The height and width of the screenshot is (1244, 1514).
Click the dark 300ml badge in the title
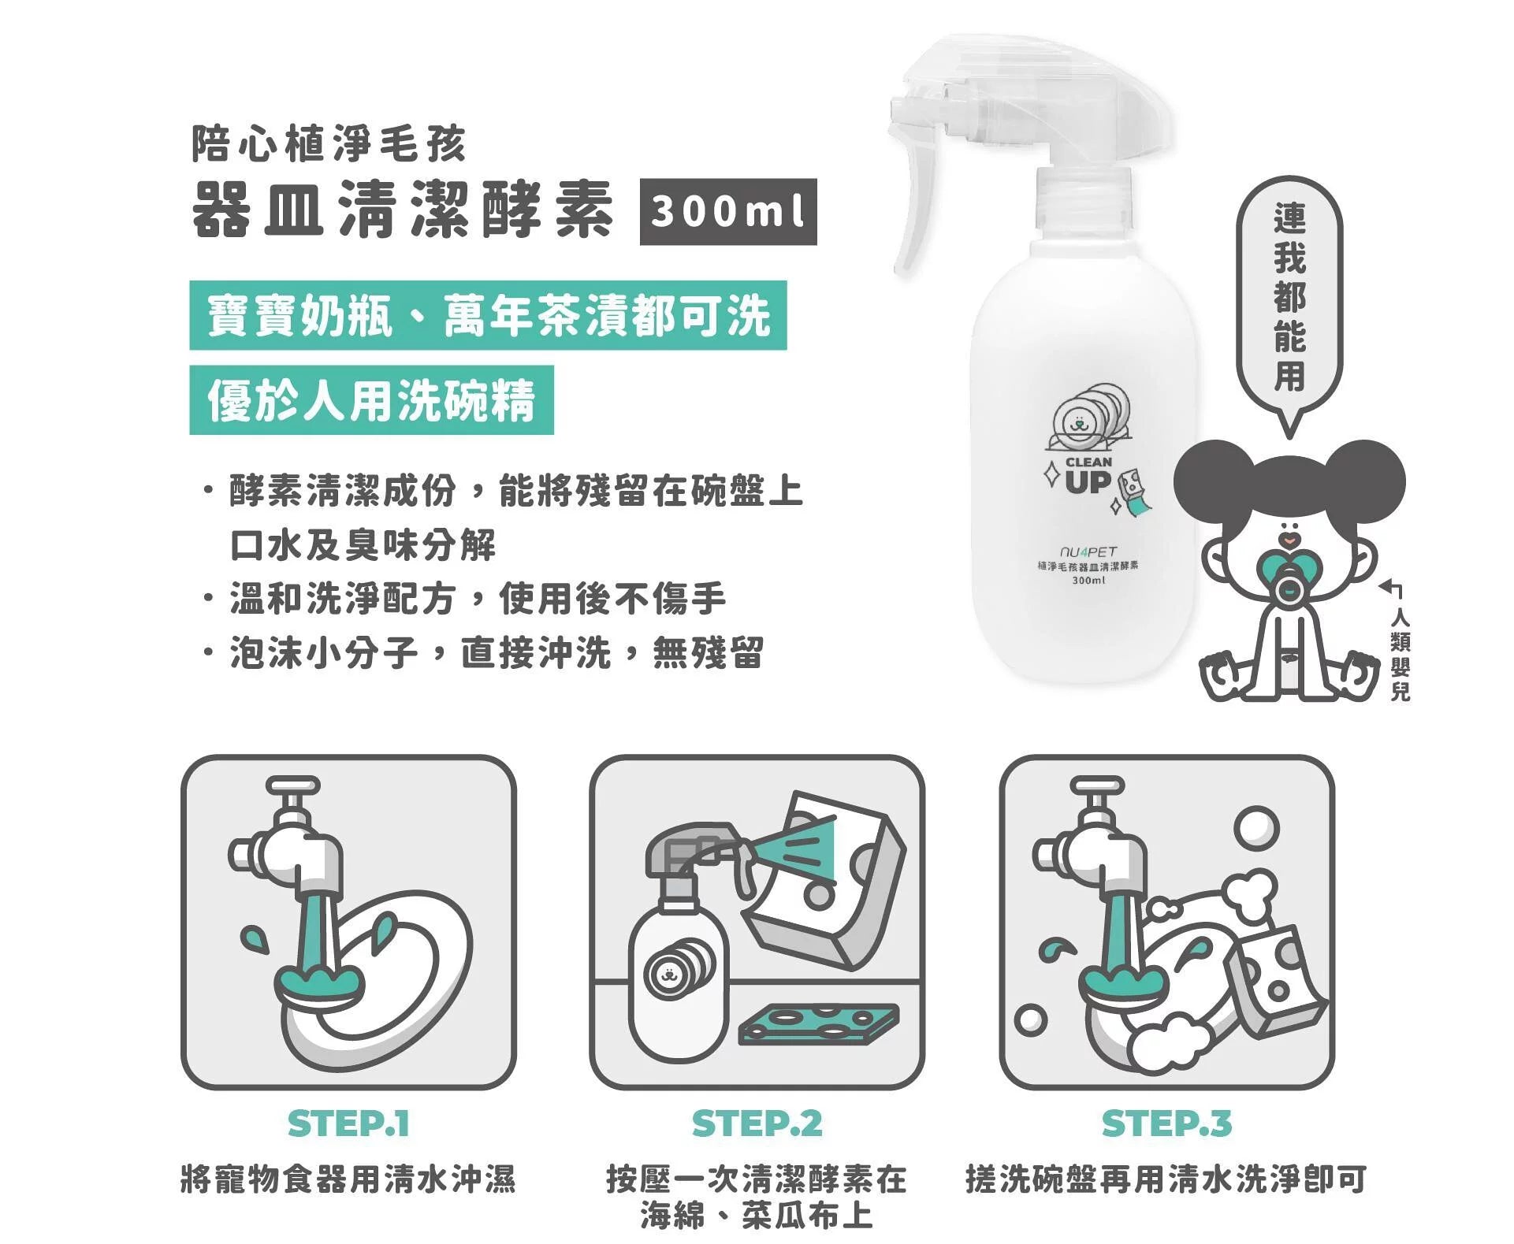tap(727, 212)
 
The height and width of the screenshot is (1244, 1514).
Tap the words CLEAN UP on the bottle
tap(1088, 475)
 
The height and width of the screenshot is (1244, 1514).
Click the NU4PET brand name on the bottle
tap(1088, 551)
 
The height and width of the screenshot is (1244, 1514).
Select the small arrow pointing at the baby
tap(1391, 588)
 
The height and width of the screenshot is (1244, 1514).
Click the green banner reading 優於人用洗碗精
tap(371, 399)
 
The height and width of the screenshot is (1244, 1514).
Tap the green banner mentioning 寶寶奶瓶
tap(488, 315)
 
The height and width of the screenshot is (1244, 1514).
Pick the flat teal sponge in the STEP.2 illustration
tap(818, 1023)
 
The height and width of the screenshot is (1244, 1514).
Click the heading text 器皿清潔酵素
tap(403, 210)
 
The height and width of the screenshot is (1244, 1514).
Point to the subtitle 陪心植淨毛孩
tap(329, 144)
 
